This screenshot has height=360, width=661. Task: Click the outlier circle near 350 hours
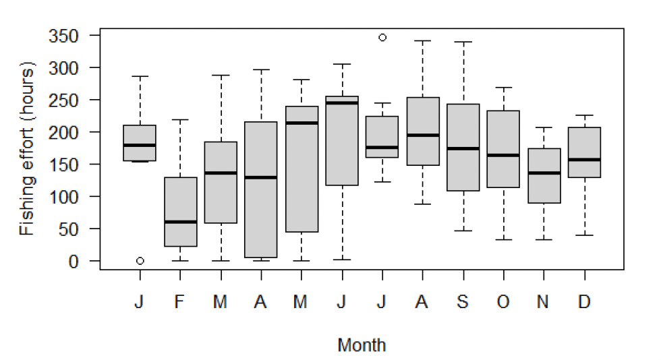point(382,38)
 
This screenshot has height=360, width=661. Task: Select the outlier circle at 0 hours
point(140,261)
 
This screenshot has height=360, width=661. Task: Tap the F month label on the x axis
point(180,303)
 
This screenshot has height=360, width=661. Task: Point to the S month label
point(463,303)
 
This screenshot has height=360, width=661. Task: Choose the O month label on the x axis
point(503,303)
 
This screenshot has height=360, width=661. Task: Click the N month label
point(543,303)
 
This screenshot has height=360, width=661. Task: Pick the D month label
point(584,303)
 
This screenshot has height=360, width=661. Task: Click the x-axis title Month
point(362,346)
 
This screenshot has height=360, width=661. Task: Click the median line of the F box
point(180,222)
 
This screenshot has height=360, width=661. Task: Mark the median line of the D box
point(584,160)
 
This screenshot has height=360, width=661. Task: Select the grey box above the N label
point(543,175)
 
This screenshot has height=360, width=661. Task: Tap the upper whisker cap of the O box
point(503,88)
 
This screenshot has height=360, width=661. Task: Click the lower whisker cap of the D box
point(584,235)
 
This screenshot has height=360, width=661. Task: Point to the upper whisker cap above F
point(180,120)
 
